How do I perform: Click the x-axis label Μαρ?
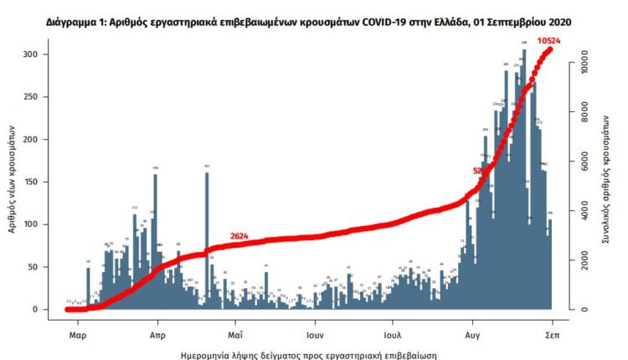pyautogui.click(x=78, y=332)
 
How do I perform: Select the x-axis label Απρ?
pyautogui.click(x=156, y=332)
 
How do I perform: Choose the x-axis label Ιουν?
pyautogui.click(x=315, y=332)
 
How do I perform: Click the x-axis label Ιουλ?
pyautogui.click(x=392, y=332)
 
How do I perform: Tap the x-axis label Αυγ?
pyautogui.click(x=471, y=332)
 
